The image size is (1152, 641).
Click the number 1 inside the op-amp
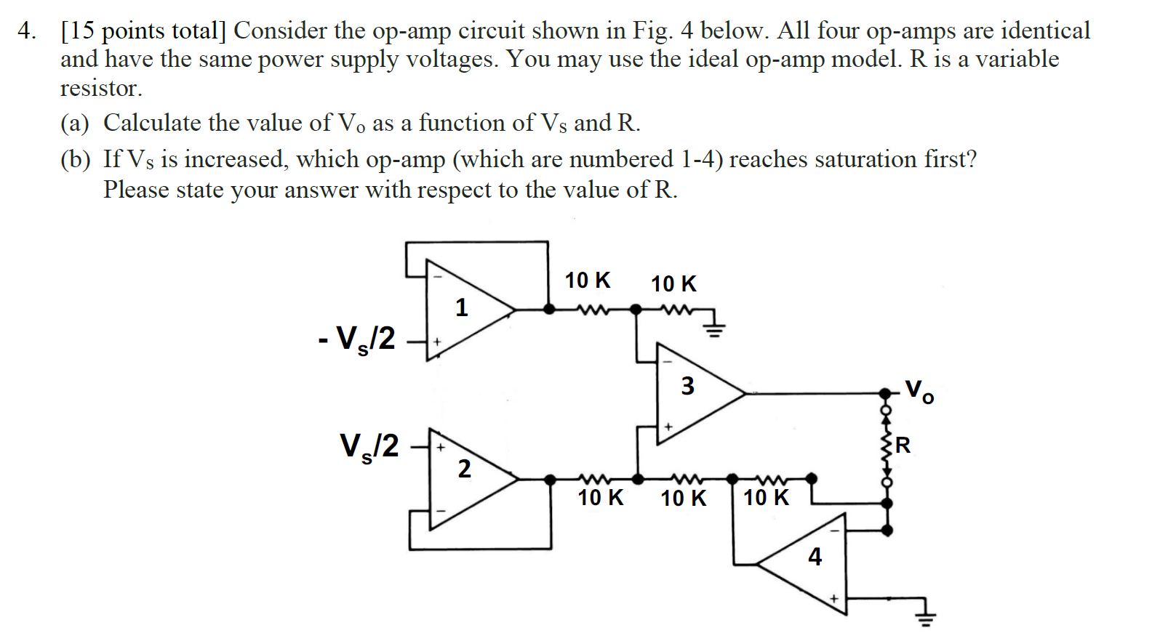pyautogui.click(x=461, y=307)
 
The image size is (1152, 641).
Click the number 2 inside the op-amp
pyautogui.click(x=464, y=469)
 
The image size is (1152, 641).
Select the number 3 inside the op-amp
pyautogui.click(x=687, y=385)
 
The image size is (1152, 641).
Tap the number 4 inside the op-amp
pyautogui.click(x=815, y=557)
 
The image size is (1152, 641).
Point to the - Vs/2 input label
pyautogui.click(x=357, y=339)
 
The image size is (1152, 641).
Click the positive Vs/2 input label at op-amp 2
pyautogui.click(x=369, y=446)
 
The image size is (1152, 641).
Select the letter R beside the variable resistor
pyautogui.click(x=903, y=445)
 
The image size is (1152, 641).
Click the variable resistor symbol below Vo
pyautogui.click(x=887, y=447)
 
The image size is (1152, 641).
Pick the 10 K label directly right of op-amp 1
pyautogui.click(x=588, y=281)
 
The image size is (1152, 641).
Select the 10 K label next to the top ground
pyautogui.click(x=673, y=284)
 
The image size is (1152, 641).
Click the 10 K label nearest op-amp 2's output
pyautogui.click(x=600, y=498)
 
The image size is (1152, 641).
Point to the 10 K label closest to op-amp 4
pyautogui.click(x=766, y=498)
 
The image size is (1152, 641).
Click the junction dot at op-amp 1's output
pyautogui.click(x=550, y=309)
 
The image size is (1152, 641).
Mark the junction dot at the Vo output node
pyautogui.click(x=885, y=393)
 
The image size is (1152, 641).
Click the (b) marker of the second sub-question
pyautogui.click(x=75, y=160)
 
